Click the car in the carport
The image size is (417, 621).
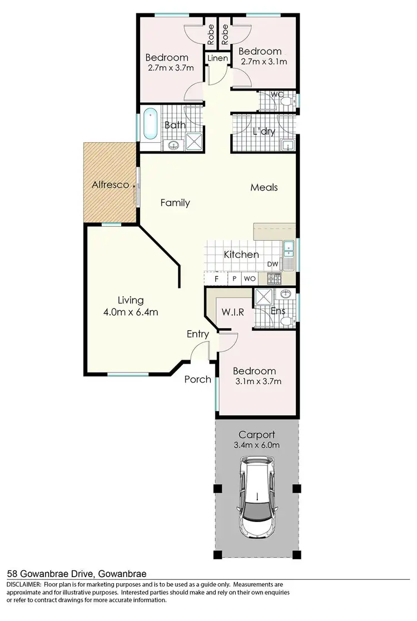pyautogui.click(x=256, y=497)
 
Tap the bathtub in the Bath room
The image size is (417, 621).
pyautogui.click(x=151, y=126)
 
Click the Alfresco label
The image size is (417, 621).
pyautogui.click(x=110, y=185)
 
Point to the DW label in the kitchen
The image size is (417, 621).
pyautogui.click(x=272, y=264)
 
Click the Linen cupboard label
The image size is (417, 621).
pyautogui.click(x=217, y=58)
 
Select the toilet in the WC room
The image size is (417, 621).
pyautogui.click(x=286, y=101)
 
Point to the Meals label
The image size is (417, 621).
pyautogui.click(x=264, y=187)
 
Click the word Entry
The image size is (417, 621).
pyautogui.click(x=197, y=334)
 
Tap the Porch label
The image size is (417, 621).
pyautogui.click(x=198, y=379)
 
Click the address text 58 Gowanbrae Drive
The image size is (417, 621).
pyautogui.click(x=49, y=573)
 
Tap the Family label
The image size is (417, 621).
pyautogui.click(x=175, y=203)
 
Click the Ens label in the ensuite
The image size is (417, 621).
pyautogui.click(x=277, y=311)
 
